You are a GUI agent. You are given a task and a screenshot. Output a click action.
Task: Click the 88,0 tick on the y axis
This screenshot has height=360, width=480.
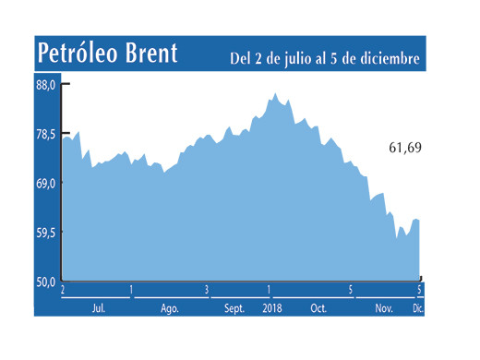point(46,85)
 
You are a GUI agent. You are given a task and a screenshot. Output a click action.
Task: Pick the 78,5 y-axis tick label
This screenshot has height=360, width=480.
point(46,135)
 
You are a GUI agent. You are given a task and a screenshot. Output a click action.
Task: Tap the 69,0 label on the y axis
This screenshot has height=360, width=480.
point(46,184)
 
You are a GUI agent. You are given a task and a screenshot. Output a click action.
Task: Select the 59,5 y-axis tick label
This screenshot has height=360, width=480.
point(46,233)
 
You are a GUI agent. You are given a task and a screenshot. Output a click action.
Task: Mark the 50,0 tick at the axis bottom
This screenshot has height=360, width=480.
point(46,281)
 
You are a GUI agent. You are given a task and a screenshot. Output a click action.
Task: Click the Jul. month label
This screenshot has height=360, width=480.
point(97,308)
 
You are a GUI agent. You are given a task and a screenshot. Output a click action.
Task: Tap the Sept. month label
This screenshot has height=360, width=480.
point(234,308)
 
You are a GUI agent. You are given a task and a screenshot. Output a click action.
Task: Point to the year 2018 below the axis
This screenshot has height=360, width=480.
point(272,308)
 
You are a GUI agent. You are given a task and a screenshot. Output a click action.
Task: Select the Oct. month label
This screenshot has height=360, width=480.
point(318,308)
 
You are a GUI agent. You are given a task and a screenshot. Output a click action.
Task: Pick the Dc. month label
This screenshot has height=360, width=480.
point(417,308)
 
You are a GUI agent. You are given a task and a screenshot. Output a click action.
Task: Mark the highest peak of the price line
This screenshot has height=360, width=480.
point(274,93)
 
